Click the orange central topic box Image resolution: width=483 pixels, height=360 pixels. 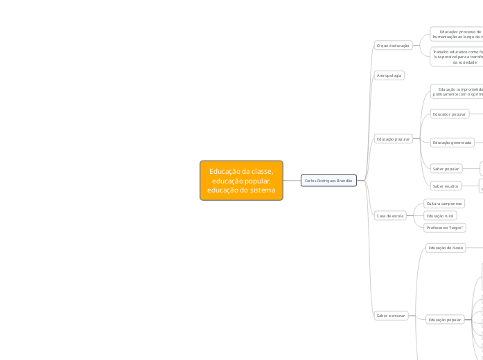pos(241,181)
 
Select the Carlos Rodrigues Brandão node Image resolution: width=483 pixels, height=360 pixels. pos(328,181)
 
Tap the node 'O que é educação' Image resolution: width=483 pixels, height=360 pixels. pos(393,46)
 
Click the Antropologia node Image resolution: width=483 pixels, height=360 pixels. pos(389,75)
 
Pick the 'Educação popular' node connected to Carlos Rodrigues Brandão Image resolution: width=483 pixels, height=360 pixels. pos(393,139)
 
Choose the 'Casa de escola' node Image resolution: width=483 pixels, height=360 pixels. pos(390,216)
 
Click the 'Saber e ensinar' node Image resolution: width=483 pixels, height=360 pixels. pos(391,315)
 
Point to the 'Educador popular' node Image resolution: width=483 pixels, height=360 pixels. pos(450,114)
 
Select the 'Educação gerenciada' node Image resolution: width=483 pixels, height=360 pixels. pos(452,143)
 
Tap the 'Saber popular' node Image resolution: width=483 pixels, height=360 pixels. pos(446,168)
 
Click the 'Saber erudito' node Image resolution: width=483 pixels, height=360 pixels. pos(446,186)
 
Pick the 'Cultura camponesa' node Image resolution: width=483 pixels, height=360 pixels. pos(444,204)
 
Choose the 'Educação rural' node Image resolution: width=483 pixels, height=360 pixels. pos(440,216)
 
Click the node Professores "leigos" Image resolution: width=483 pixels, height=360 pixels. pos(445,228)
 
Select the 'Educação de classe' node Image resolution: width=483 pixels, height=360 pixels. pos(446,247)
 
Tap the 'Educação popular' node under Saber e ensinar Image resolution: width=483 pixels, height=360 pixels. pos(445,320)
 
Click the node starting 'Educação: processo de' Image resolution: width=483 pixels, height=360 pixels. pos(457,34)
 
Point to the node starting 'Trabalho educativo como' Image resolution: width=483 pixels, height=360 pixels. pos(457,56)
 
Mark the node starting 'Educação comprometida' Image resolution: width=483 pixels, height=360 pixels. pos(457,91)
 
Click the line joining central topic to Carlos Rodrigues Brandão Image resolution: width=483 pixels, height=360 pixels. pos(292,181)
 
